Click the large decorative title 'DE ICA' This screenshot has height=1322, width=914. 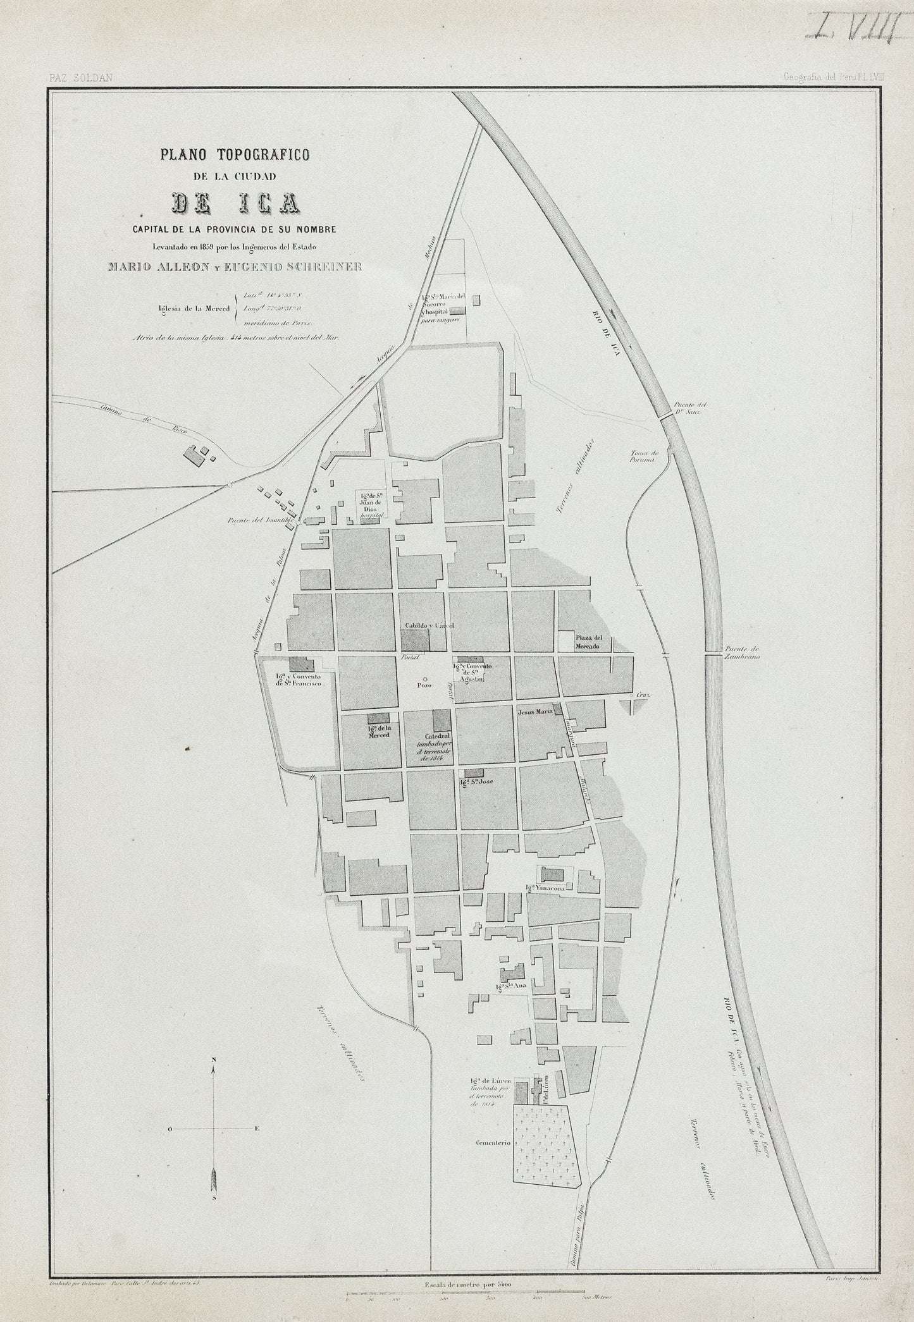235,202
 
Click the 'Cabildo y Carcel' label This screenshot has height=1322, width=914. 429,626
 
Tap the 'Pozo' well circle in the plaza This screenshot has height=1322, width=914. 424,678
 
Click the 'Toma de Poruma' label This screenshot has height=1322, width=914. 645,456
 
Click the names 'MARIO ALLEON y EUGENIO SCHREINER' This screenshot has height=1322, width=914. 235,266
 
